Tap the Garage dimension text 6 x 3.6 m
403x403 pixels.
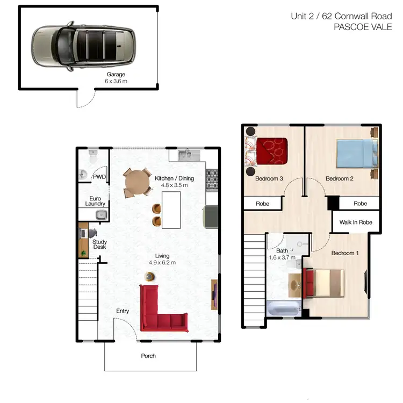tap(116, 81)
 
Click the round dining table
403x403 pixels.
tap(139, 183)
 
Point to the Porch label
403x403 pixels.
tap(148, 356)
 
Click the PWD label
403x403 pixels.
tap(99, 176)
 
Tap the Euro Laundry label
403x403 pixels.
tap(95, 201)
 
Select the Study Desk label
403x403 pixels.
tap(100, 244)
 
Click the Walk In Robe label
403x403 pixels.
tap(355, 222)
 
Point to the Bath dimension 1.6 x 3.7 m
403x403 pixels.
tap(282, 258)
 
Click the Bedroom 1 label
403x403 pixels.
tap(344, 253)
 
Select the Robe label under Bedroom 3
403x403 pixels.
tap(263, 204)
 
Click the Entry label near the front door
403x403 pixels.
tap(123, 311)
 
